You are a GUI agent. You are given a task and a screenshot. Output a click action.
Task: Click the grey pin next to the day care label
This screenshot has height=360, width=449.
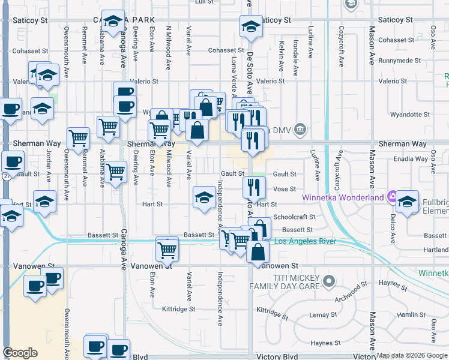[328, 280]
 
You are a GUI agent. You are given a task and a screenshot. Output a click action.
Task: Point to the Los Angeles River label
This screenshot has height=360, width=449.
[305, 242]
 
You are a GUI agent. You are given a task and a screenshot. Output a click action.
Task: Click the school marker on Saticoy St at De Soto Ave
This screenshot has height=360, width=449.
[251, 26]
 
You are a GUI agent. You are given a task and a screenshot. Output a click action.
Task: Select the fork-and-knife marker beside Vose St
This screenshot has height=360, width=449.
[255, 187]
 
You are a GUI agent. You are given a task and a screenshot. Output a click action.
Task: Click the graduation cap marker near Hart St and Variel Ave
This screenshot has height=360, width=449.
[204, 197]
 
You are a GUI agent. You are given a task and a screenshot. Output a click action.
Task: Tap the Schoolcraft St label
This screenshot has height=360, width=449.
[294, 217]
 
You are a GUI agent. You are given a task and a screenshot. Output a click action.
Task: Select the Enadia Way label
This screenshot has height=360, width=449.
[414, 159]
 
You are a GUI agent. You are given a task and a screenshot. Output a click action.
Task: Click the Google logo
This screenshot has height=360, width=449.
[20, 353]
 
